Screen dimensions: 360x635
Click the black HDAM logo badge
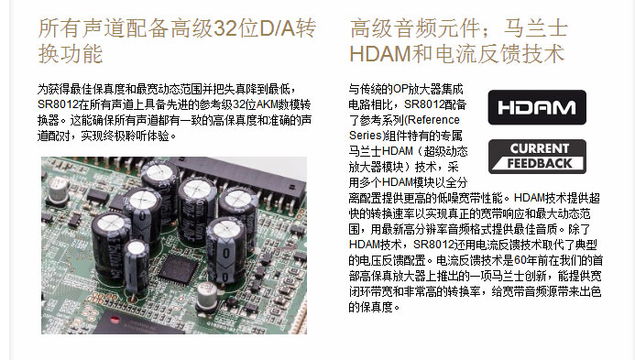pos(536,106)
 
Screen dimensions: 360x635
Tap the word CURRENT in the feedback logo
pos(540,148)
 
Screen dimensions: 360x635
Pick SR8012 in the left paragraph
pos(56,105)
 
